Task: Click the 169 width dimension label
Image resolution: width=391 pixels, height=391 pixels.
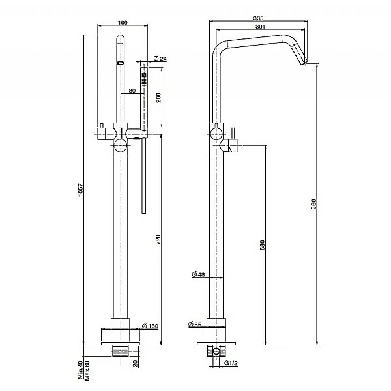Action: [x=123, y=23]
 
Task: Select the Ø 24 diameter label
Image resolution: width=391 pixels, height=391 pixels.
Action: [x=160, y=59]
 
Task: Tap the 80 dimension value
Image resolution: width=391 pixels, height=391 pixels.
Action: [x=132, y=90]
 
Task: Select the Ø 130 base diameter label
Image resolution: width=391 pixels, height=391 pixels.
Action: [x=151, y=326]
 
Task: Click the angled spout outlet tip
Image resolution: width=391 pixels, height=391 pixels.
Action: [x=305, y=63]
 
